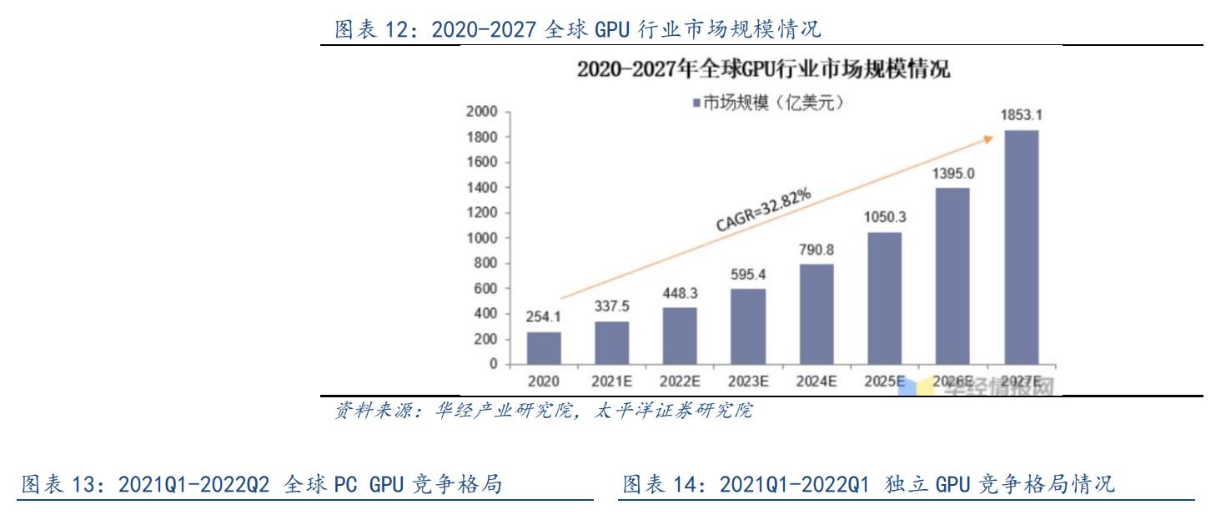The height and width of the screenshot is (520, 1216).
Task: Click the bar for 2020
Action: point(544,348)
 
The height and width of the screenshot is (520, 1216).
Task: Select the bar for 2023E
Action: point(748,326)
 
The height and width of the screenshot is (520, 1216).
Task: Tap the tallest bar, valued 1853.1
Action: point(1022,247)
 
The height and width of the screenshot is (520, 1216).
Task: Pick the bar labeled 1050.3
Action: point(885,298)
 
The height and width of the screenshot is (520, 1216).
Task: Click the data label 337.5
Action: point(612,305)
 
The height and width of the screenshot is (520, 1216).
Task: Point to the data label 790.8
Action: point(817,248)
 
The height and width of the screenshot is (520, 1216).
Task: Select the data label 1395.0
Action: point(953,173)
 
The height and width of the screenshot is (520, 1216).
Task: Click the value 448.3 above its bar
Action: point(680,291)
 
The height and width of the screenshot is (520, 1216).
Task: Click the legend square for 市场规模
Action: point(696,103)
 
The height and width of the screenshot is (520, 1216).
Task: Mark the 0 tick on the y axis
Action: point(493,365)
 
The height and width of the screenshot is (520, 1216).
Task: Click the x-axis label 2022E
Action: point(680,381)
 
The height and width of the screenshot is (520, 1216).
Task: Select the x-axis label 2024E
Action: point(817,381)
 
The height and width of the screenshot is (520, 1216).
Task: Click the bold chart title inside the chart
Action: point(763,69)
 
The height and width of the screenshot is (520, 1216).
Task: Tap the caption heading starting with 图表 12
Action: point(577,30)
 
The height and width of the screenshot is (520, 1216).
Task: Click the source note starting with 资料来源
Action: point(543,411)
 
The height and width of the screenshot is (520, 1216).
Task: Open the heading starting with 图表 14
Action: point(868,484)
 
